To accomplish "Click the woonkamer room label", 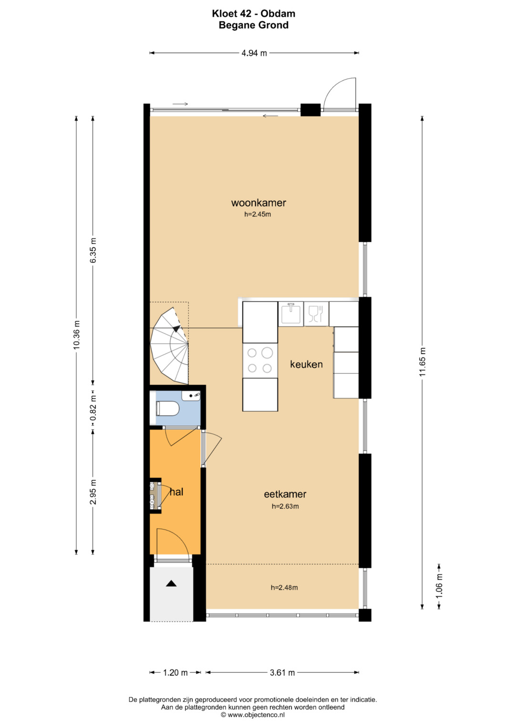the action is click(258, 203).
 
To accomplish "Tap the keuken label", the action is click(306, 364).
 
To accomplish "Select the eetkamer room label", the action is click(285, 494).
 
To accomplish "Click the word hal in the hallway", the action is click(176, 492).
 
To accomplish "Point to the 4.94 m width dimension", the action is click(254, 53).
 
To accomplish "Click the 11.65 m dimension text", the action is click(422, 362).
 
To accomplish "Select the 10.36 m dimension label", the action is click(76, 335).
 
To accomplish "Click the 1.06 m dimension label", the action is click(439, 586).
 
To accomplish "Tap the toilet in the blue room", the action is click(167, 408).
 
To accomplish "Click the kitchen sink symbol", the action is click(291, 313).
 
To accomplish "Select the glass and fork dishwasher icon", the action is click(315, 314).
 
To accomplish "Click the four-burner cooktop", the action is click(260, 360).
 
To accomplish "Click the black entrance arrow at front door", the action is click(171, 584).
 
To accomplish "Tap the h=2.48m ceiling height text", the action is click(284, 588).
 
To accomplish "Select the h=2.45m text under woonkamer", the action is click(257, 214).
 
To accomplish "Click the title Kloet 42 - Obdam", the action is click(254, 14).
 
